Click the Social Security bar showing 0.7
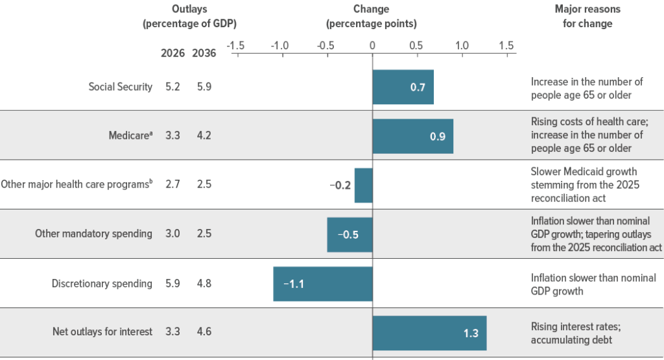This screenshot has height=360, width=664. coord(403,87)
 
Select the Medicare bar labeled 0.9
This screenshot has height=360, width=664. coord(412,136)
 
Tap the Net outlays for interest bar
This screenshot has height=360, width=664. coord(429,333)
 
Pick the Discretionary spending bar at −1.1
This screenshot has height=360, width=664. coord(322,283)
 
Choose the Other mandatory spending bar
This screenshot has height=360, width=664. coord(350,234)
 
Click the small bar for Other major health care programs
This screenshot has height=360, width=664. coord(363,185)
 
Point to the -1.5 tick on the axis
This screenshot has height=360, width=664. coord(236,46)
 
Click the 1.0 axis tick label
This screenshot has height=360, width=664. coord(462,46)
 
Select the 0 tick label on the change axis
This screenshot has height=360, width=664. coord(372,46)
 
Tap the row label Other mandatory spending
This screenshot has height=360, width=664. coord(93,234)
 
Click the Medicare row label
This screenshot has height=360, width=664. coord(132,136)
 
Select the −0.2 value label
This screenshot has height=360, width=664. coord(340,185)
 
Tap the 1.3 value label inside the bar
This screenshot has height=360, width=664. coord(471,333)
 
